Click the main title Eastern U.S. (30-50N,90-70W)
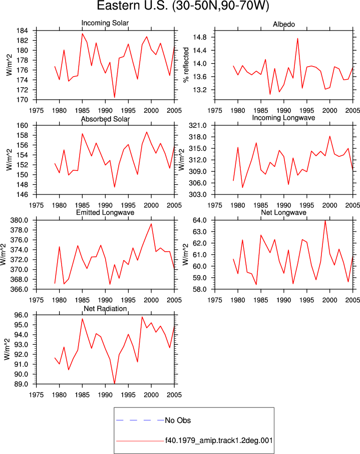(x=183, y=6)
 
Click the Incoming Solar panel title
(x=105, y=23)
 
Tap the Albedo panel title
(x=284, y=25)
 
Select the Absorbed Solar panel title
(x=105, y=119)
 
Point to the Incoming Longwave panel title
(x=283, y=118)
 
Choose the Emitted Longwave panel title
(x=105, y=212)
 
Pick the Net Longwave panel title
(x=283, y=212)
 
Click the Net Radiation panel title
(x=105, y=309)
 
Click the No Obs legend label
(x=178, y=420)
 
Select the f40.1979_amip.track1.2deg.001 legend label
(x=219, y=440)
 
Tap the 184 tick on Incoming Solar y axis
(x=23, y=31)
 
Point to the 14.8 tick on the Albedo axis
(x=200, y=37)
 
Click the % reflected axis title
(x=186, y=65)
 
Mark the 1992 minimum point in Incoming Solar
(x=115, y=97)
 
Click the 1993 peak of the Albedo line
(x=297, y=38)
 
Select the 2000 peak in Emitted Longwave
(x=151, y=223)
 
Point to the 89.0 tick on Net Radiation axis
(x=22, y=384)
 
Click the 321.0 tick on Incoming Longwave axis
(x=198, y=126)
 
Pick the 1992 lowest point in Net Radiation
(x=115, y=384)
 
